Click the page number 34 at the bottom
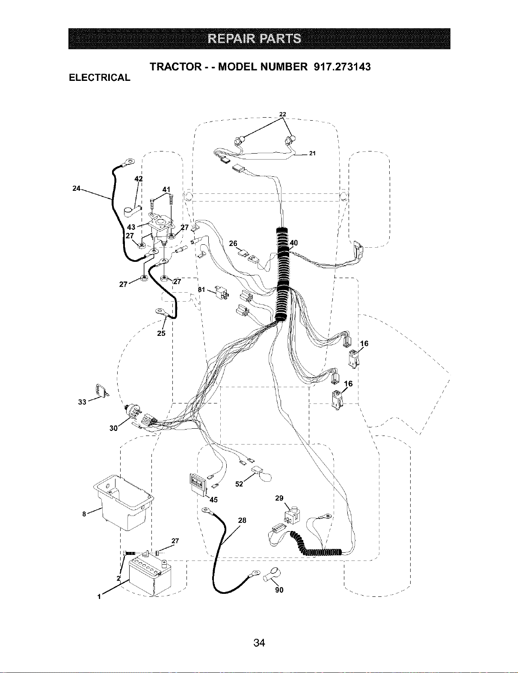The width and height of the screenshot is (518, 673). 259,643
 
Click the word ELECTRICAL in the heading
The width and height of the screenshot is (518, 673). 99,77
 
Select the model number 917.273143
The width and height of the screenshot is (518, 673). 342,67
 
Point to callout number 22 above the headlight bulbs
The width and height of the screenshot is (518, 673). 282,114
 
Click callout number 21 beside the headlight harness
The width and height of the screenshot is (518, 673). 312,153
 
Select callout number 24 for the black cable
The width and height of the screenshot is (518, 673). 76,188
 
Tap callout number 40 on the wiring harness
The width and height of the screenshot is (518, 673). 293,243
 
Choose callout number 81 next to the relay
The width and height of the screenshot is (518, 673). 201,290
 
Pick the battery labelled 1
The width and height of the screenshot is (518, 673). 150,575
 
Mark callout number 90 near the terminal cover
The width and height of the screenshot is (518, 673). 279,590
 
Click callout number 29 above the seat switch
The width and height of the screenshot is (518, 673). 279,498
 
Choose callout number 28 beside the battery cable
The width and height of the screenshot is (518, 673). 242,520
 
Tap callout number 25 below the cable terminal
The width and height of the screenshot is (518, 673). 161,333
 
